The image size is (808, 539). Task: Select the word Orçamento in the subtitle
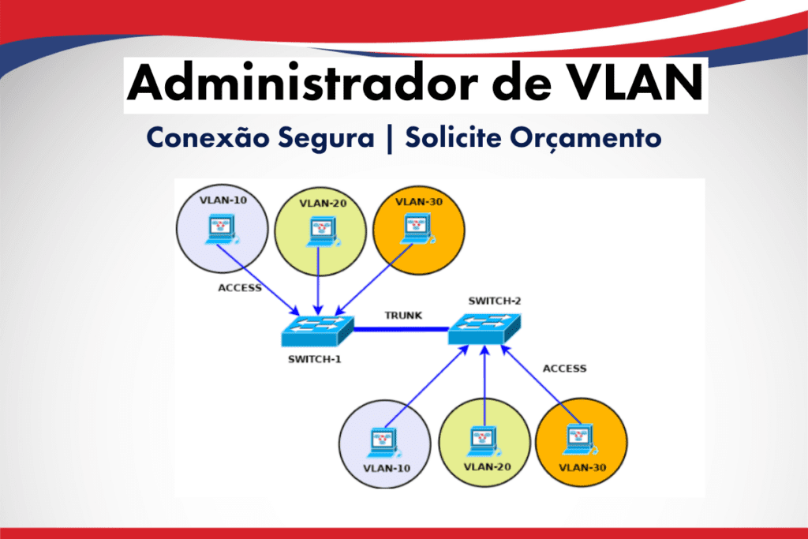(585, 137)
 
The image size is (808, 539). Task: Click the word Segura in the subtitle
(326, 138)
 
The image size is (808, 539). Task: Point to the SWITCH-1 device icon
(317, 331)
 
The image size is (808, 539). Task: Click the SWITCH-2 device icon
(484, 329)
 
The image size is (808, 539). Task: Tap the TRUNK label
(403, 316)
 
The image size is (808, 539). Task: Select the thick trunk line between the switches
(401, 329)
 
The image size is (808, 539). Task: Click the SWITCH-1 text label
(314, 359)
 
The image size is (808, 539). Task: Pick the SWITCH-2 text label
(495, 301)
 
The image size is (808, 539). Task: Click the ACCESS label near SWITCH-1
(240, 287)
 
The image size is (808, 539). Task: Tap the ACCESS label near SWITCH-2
(565, 369)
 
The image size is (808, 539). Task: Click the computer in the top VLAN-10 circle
(222, 230)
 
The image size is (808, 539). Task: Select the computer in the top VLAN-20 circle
(322, 232)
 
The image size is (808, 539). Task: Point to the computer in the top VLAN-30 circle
(417, 230)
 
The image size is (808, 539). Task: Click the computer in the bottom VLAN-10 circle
(383, 444)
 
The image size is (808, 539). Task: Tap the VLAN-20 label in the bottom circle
(487, 467)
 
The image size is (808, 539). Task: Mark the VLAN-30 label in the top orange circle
(419, 202)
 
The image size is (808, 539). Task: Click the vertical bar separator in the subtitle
(390, 139)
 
